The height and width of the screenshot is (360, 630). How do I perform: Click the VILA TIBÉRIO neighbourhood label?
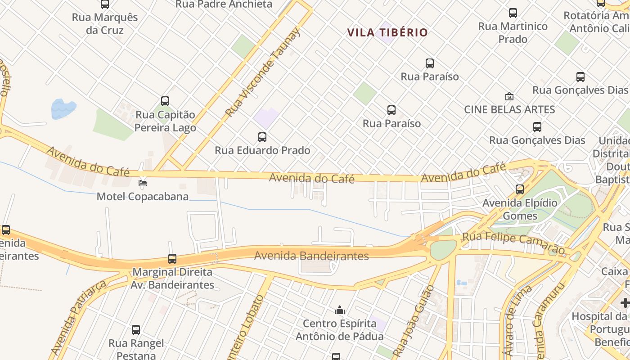[x=387, y=32]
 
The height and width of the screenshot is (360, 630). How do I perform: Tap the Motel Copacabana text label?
[x=143, y=197]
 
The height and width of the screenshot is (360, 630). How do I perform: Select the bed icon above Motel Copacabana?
[x=143, y=183]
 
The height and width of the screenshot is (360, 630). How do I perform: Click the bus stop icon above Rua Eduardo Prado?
[x=262, y=137]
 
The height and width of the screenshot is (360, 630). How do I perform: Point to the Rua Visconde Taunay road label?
[x=263, y=72]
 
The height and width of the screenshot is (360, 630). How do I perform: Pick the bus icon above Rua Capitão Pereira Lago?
[x=165, y=101]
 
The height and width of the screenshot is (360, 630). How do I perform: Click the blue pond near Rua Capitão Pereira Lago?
[x=63, y=108]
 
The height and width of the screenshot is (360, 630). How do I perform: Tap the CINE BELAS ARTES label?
[x=509, y=109]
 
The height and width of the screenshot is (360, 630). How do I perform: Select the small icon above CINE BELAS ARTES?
[x=509, y=96]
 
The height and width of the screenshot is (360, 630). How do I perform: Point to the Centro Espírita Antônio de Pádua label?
[x=339, y=330]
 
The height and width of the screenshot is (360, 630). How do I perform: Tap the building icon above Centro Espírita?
[x=339, y=310]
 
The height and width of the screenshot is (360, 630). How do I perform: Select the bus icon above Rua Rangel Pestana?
[x=136, y=330]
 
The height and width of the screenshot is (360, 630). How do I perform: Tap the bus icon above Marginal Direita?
[x=172, y=259]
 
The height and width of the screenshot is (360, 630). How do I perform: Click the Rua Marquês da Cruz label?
[x=105, y=24]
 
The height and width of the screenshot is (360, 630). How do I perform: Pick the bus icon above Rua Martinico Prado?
[x=513, y=13]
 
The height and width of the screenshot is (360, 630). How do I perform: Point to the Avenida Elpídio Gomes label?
[x=520, y=209]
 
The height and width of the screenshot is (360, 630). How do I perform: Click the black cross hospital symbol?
[x=625, y=303]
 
